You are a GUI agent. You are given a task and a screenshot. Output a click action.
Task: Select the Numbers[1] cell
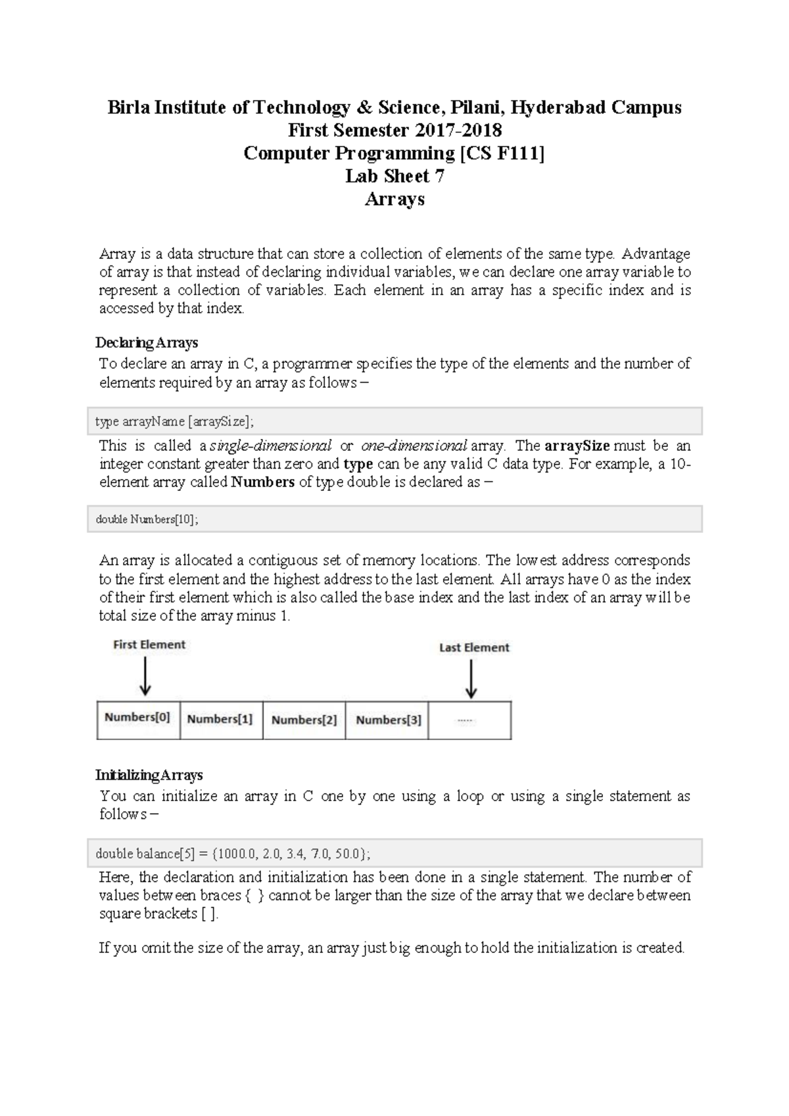click(220, 719)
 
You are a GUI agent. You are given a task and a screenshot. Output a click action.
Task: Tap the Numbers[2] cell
click(304, 720)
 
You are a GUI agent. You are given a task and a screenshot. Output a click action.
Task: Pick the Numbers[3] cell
click(388, 720)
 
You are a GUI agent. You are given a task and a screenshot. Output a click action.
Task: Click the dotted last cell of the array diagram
click(469, 720)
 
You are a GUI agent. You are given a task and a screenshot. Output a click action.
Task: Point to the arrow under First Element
click(145, 676)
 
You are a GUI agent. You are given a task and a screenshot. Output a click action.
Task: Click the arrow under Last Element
click(471, 679)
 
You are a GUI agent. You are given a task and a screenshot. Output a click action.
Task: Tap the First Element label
click(149, 645)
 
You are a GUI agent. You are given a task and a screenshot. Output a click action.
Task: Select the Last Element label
click(474, 647)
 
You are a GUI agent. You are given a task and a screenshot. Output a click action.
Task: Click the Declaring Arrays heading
click(147, 342)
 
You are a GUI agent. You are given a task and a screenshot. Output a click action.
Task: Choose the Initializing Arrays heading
click(149, 775)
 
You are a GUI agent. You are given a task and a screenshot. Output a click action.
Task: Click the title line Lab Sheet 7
click(394, 176)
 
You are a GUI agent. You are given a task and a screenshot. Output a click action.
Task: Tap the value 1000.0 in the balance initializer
click(236, 854)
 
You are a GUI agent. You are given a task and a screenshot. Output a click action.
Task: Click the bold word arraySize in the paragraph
click(577, 446)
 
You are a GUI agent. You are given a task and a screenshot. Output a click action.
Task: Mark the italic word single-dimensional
click(270, 446)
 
